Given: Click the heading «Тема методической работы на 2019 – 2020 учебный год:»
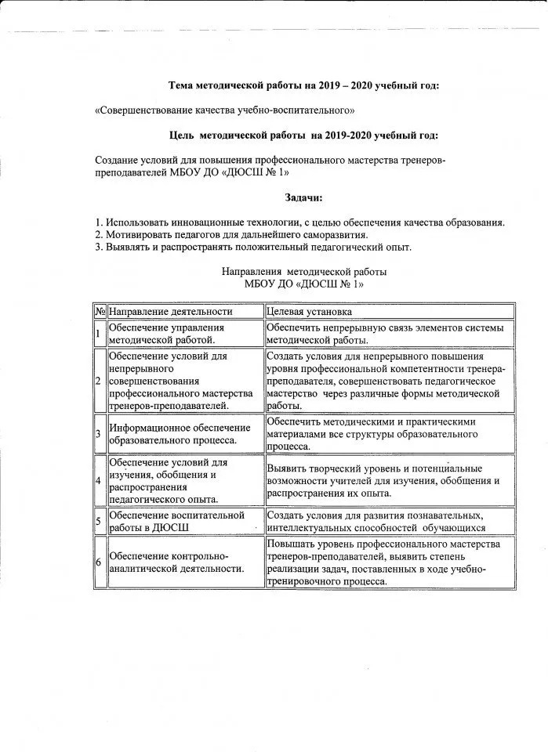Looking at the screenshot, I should [x=304, y=85].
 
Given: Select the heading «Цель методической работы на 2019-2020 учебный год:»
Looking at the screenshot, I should [x=303, y=136].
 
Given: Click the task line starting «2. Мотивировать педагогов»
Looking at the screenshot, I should [x=230, y=234].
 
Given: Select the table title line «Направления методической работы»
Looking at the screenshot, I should [x=304, y=272].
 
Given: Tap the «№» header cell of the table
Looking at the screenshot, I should [x=100, y=311].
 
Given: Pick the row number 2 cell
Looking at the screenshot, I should [x=99, y=381].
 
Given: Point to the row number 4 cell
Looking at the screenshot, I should [x=99, y=480].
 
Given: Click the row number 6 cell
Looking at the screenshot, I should [x=99, y=562].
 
